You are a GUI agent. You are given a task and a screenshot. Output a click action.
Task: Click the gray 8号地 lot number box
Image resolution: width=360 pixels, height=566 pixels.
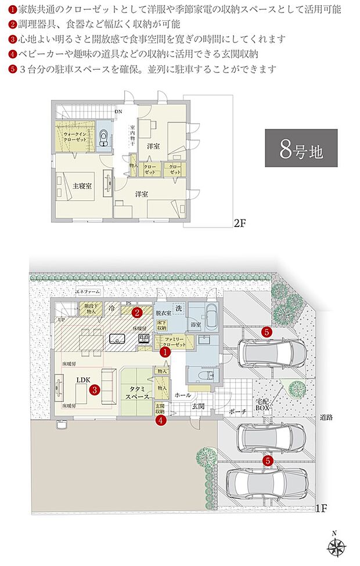click(x=301, y=150)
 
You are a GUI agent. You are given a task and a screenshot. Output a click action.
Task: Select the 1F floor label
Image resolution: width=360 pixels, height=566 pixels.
click(x=322, y=509)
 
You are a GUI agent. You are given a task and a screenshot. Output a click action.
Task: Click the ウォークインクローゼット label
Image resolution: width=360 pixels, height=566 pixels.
click(x=75, y=137)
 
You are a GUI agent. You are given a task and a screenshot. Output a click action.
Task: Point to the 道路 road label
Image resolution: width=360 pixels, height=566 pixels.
click(x=326, y=417)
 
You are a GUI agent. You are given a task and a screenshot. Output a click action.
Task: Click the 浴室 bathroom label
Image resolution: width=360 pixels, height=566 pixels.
click(x=196, y=324)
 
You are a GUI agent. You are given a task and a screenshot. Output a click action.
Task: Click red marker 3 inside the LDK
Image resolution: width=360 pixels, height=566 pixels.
click(x=95, y=390)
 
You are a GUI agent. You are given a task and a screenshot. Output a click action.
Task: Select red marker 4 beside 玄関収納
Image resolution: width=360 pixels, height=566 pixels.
click(x=160, y=421)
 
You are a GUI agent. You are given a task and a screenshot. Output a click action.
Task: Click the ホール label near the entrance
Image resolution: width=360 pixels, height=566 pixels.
click(x=182, y=395)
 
